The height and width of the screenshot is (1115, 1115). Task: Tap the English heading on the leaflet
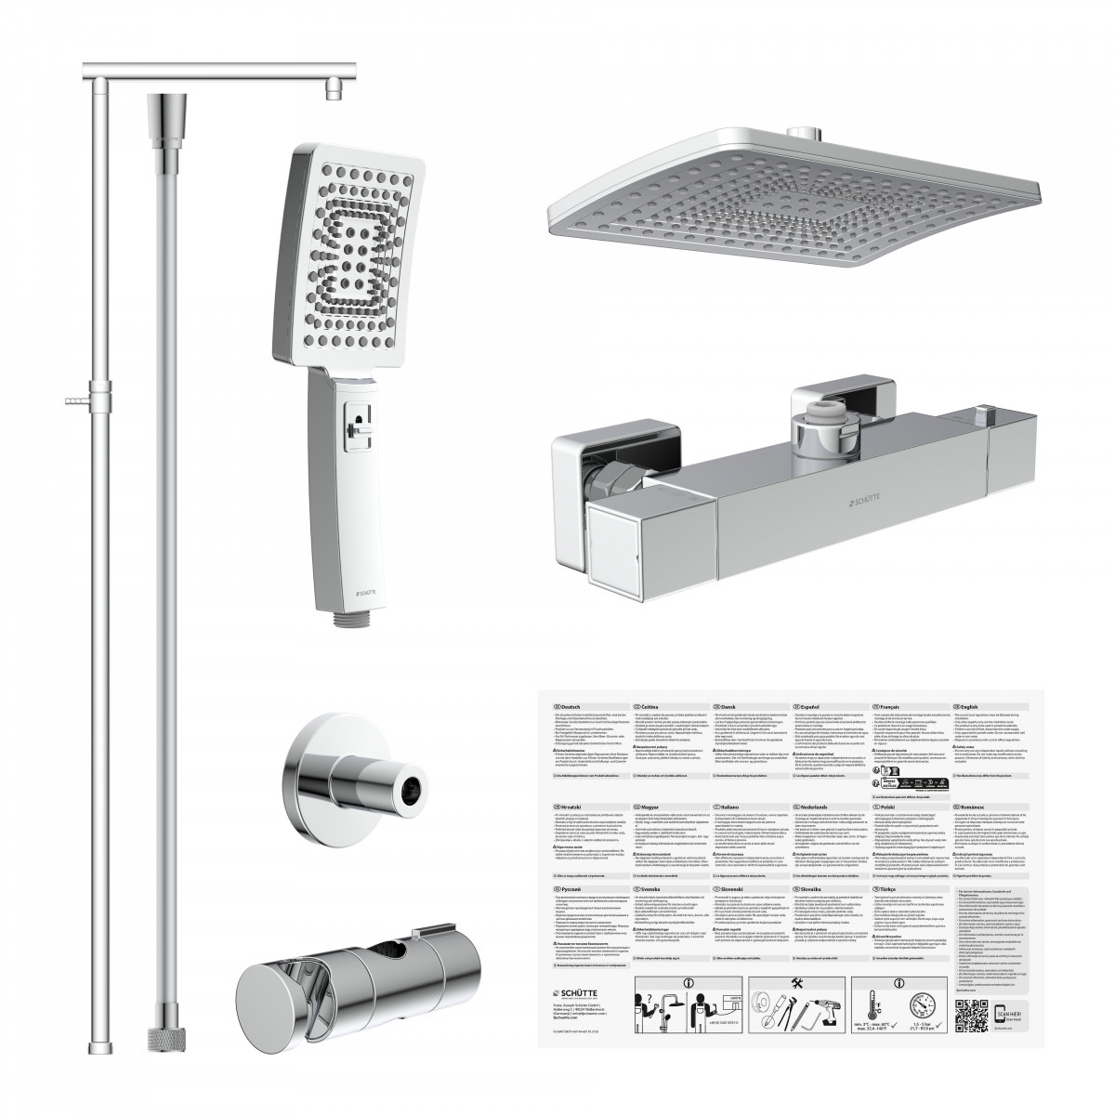972,707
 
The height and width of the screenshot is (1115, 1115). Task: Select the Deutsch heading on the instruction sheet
569,707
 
